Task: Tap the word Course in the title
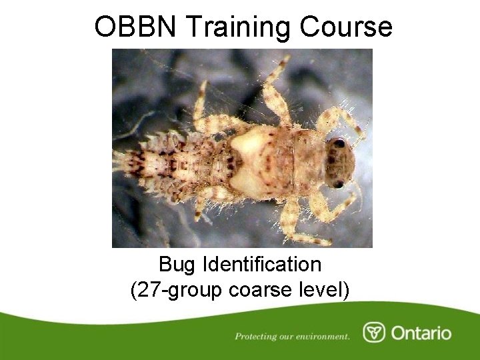click(x=346, y=27)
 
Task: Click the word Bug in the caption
click(x=177, y=265)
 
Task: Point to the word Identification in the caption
click(x=260, y=265)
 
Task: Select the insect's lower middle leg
click(x=291, y=220)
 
